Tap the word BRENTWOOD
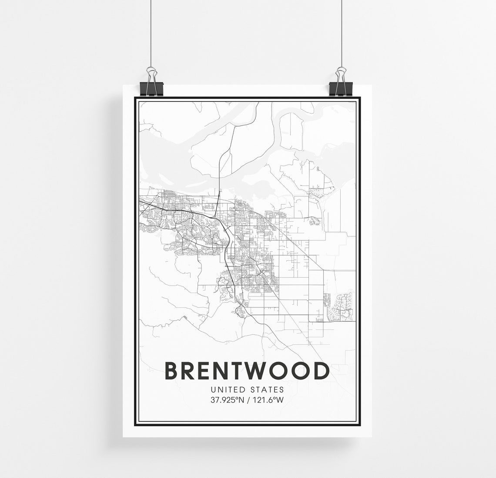(x=247, y=371)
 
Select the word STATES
(x=267, y=390)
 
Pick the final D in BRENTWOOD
(x=321, y=371)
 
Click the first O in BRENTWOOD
(x=278, y=371)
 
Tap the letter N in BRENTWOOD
(x=221, y=371)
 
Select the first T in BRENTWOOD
(x=238, y=371)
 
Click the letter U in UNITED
(x=212, y=390)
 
